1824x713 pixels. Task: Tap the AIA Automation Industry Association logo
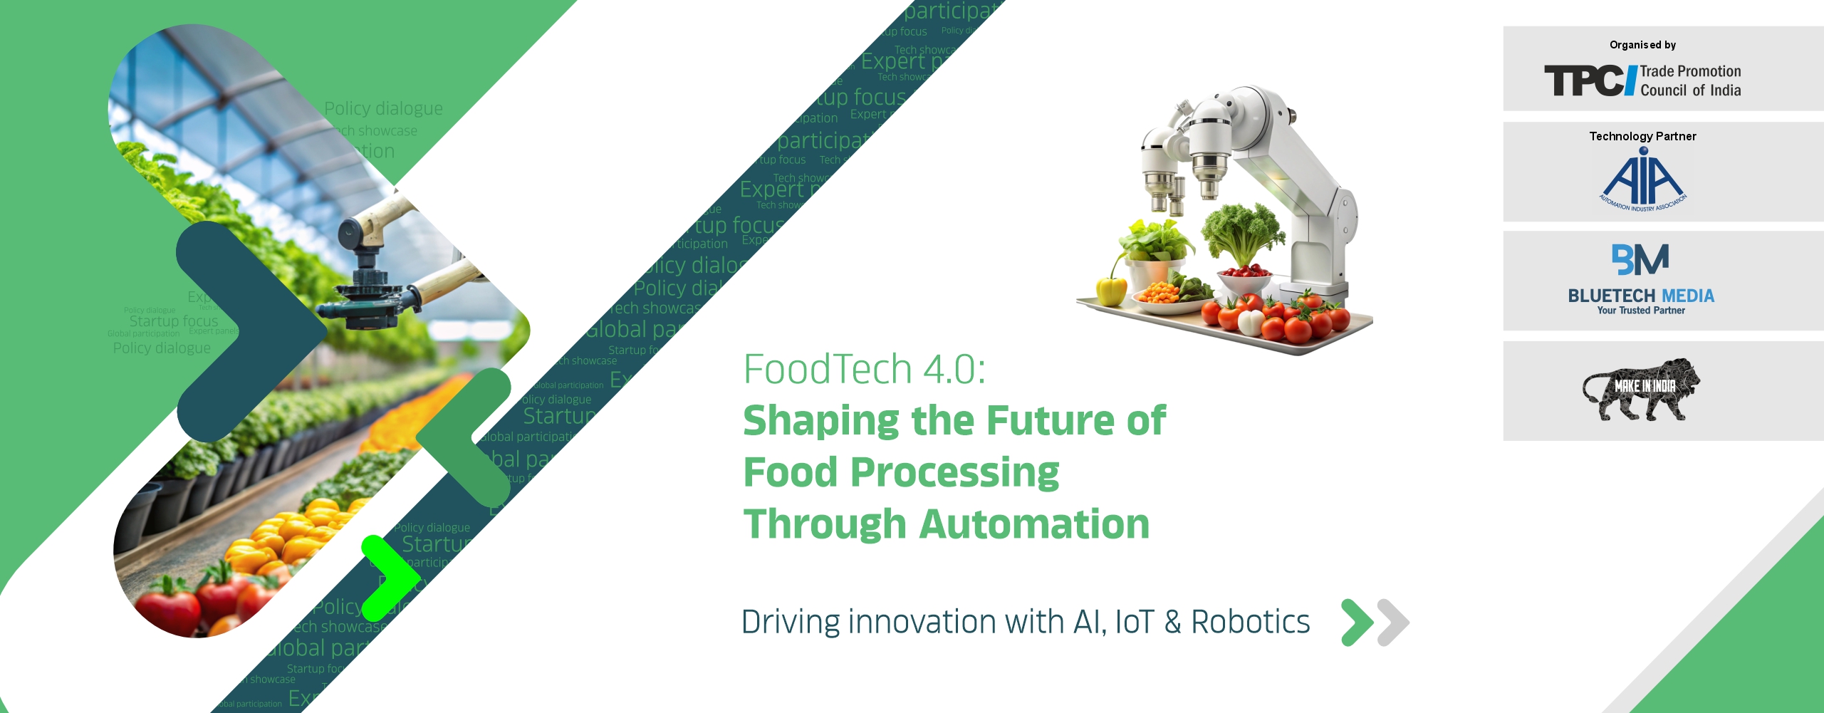coord(1643,179)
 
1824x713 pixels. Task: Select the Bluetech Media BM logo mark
coord(1640,259)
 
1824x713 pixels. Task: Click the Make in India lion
coord(1640,390)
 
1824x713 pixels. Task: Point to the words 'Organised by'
coord(1642,45)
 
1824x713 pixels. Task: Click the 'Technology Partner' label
coord(1642,136)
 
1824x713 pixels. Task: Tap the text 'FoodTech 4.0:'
coord(864,369)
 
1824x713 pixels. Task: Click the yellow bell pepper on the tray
coord(1110,290)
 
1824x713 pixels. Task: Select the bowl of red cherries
coord(1244,274)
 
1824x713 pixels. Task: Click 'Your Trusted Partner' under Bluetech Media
coord(1641,311)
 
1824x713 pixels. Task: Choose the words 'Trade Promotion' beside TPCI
coord(1690,71)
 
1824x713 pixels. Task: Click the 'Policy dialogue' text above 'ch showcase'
coord(383,108)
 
